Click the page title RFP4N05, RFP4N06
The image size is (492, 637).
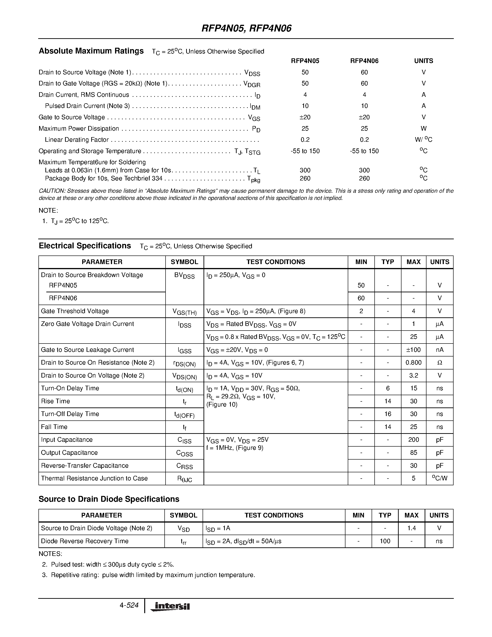pyautogui.click(x=246, y=28)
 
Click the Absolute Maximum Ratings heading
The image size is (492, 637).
pyautogui.click(x=91, y=51)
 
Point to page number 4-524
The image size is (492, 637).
pyautogui.click(x=129, y=605)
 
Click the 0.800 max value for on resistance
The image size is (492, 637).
pyautogui.click(x=413, y=363)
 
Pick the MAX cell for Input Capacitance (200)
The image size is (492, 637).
pyautogui.click(x=413, y=440)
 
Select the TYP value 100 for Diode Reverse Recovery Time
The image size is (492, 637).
pyautogui.click(x=385, y=541)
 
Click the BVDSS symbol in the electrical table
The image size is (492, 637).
pyautogui.click(x=184, y=276)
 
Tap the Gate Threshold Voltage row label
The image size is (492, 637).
pyautogui.click(x=75, y=311)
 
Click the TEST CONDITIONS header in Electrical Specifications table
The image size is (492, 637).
pyautogui.click(x=276, y=262)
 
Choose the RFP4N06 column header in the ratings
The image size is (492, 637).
pyautogui.click(x=364, y=61)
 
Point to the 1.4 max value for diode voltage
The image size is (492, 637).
pyautogui.click(x=411, y=528)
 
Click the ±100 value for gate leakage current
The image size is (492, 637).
pyautogui.click(x=413, y=350)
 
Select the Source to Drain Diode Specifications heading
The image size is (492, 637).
pyautogui.click(x=109, y=499)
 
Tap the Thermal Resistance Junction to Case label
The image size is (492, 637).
pyautogui.click(x=94, y=478)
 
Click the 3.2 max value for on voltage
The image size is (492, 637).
pyautogui.click(x=413, y=375)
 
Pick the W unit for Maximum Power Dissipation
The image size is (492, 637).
pyautogui.click(x=423, y=129)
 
